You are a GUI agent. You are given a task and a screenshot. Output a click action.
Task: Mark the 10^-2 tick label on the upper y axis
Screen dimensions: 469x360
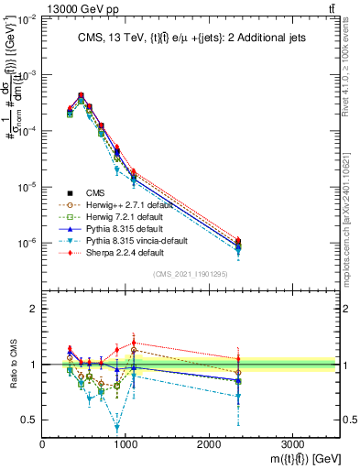tap(27, 19)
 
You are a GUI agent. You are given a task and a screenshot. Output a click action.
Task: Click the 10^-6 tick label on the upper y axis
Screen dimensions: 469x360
tap(27, 244)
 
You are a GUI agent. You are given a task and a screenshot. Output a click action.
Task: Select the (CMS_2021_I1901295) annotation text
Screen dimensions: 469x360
tap(191, 273)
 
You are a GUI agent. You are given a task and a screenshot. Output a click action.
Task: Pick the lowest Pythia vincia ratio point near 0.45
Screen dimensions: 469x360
tap(117, 428)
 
